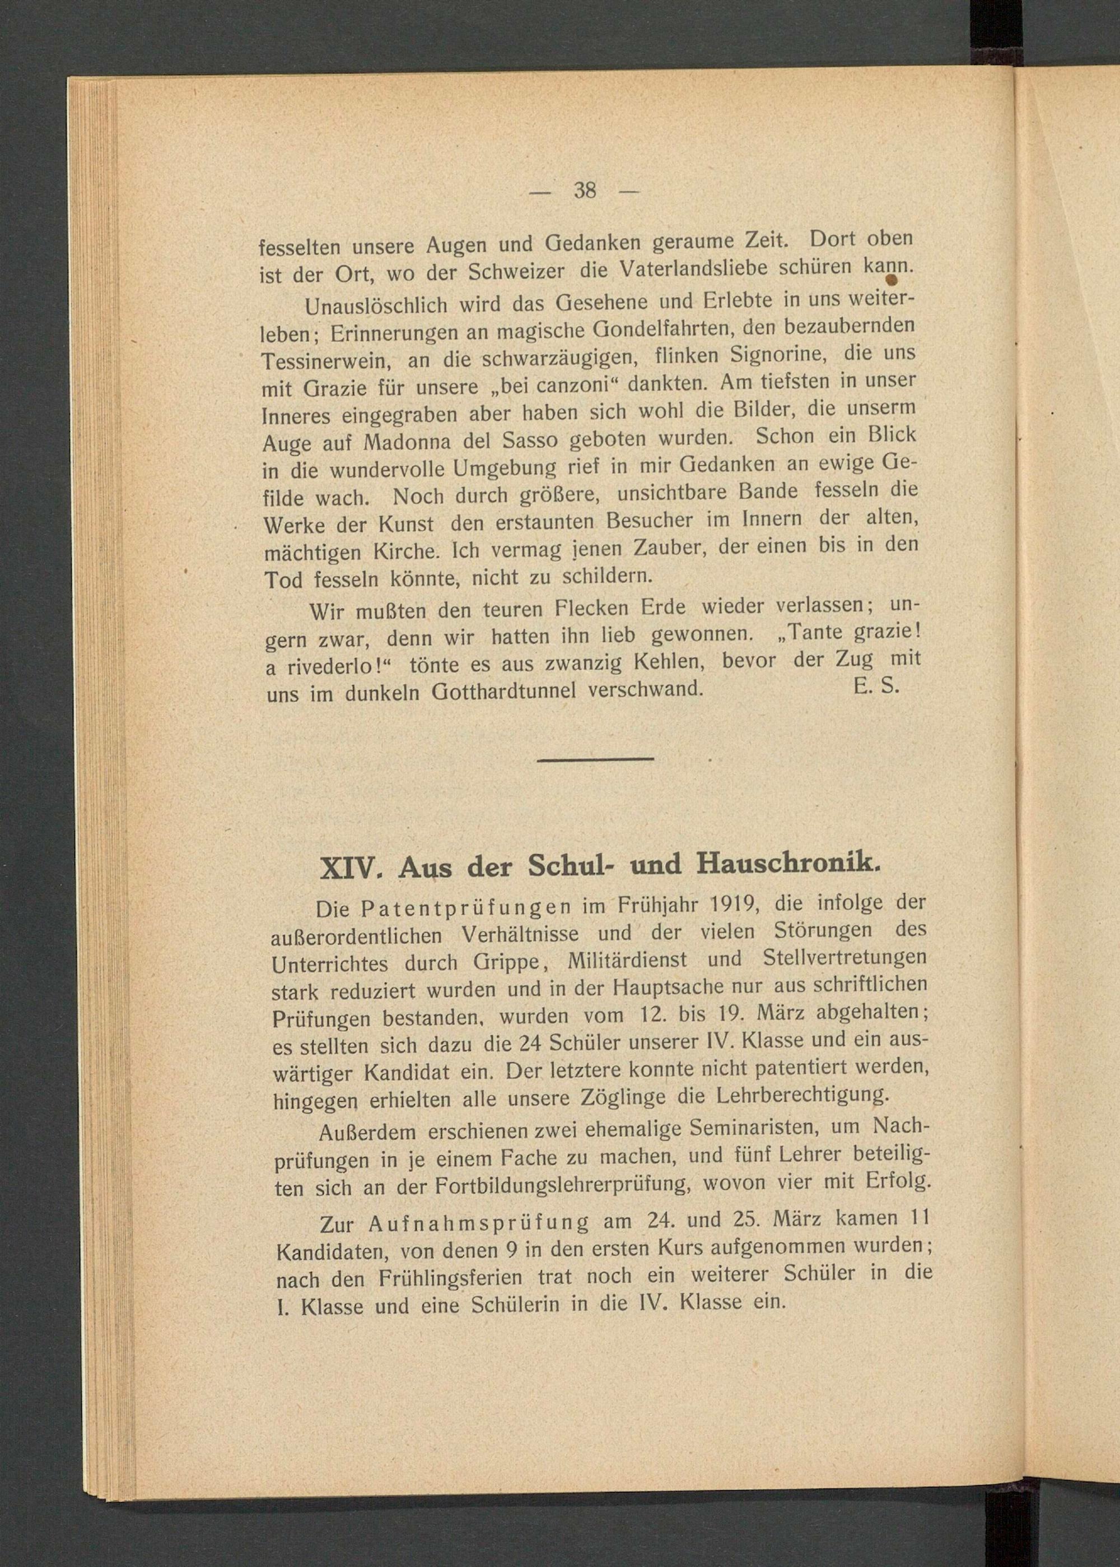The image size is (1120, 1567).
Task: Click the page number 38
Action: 584,190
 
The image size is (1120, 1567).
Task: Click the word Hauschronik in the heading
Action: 788,863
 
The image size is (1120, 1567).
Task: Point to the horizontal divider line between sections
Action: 595,759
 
